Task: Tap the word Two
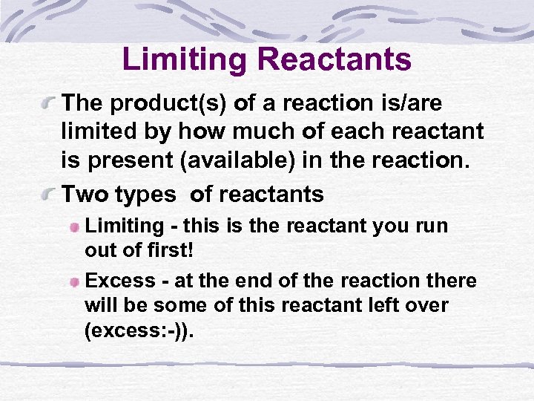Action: pos(86,195)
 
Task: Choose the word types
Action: pos(146,195)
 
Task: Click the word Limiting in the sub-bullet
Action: pos(124,226)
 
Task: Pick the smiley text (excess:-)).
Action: pos(140,330)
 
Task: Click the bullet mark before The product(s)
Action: pos(50,101)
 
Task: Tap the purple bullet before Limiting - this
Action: pos(75,226)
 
